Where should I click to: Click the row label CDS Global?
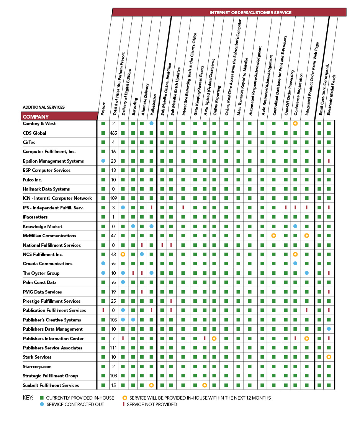pyautogui.click(x=34, y=133)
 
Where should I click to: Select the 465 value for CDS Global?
pyautogui.click(x=113, y=133)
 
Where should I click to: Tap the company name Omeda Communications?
pyautogui.click(x=47, y=264)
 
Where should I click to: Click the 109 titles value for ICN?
pyautogui.click(x=113, y=198)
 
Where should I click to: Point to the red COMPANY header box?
pyautogui.click(x=59, y=116)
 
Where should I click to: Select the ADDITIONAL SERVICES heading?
pyautogui.click(x=44, y=107)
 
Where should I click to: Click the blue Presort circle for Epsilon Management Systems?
pyautogui.click(x=103, y=161)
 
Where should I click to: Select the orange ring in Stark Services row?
pyautogui.click(x=329, y=357)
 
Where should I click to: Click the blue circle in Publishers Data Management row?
pyautogui.click(x=329, y=329)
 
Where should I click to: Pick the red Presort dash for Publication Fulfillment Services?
pyautogui.click(x=103, y=310)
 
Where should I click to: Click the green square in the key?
pyautogui.click(x=42, y=398)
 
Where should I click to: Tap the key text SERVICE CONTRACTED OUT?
pyautogui.click(x=75, y=405)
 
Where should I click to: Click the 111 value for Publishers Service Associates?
pyautogui.click(x=113, y=348)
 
